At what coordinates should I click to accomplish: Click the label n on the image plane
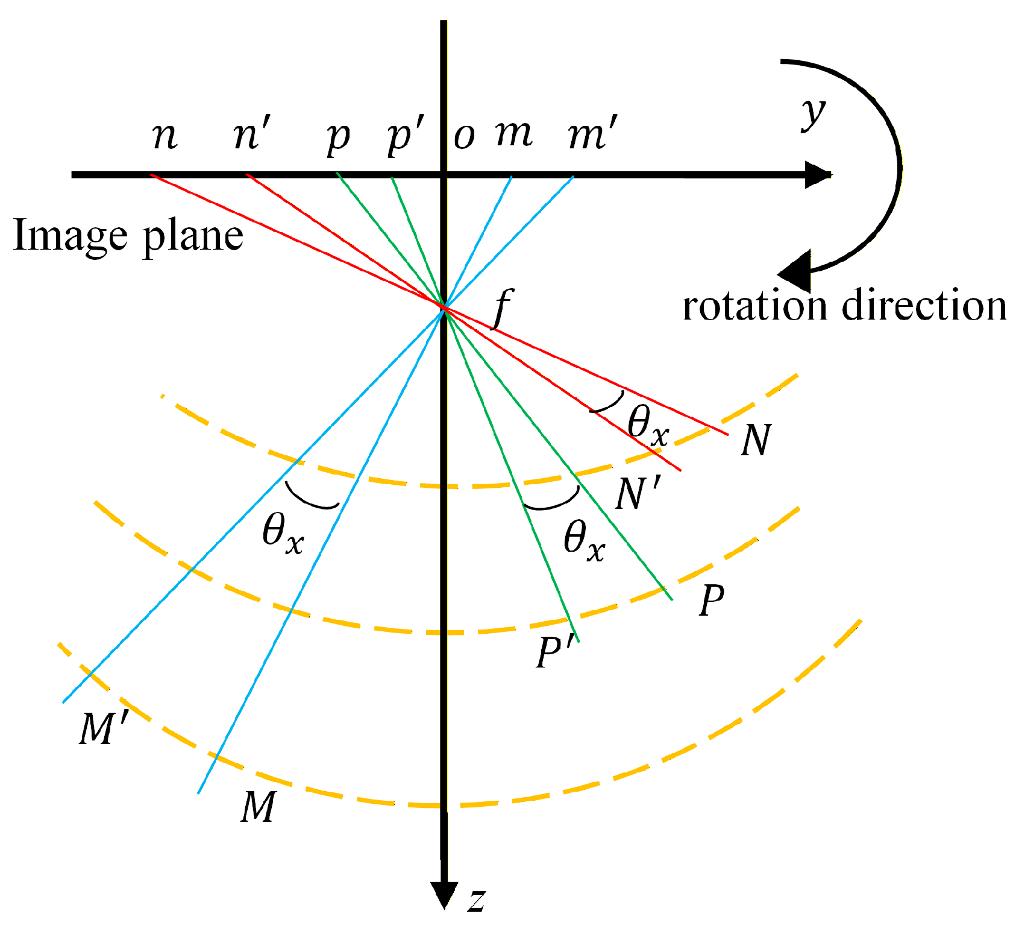pos(165,136)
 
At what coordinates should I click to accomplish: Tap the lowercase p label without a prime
pos(338,137)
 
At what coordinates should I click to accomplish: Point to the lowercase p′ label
pos(406,136)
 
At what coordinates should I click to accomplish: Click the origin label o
pos(464,137)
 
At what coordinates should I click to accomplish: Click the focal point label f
pos(503,308)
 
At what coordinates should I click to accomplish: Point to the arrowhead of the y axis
pos(818,175)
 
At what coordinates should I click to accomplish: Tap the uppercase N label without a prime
pos(756,440)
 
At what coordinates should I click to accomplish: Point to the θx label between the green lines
pos(584,540)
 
